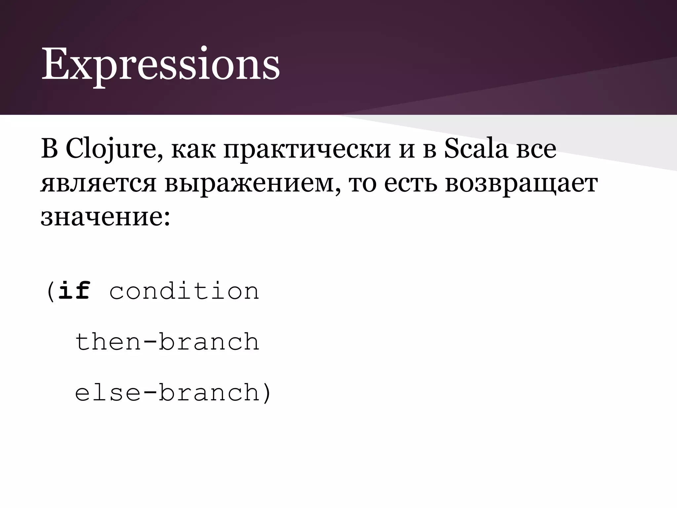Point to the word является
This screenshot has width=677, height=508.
pos(98,184)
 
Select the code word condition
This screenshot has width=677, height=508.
pos(184,291)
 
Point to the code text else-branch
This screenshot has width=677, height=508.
pos(167,393)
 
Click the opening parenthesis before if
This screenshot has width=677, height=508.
pos(50,291)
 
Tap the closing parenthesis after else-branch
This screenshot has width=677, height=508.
pos(266,393)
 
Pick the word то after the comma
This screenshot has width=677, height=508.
pos(363,184)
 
